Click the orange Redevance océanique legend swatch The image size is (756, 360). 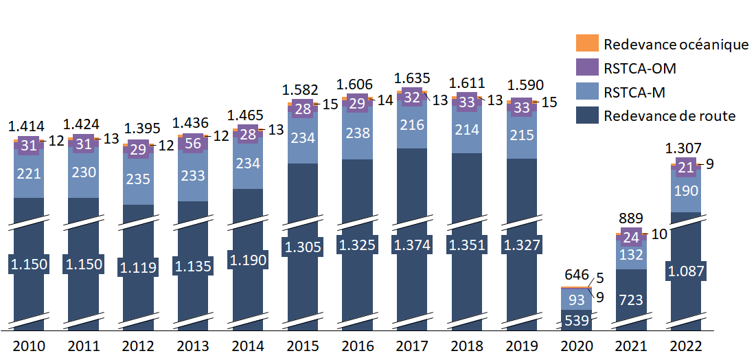[x=587, y=44]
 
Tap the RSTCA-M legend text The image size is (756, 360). [x=635, y=91]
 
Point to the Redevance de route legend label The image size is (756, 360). [x=669, y=115]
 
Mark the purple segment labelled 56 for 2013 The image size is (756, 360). [x=192, y=143]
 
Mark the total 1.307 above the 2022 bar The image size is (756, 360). [x=685, y=148]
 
